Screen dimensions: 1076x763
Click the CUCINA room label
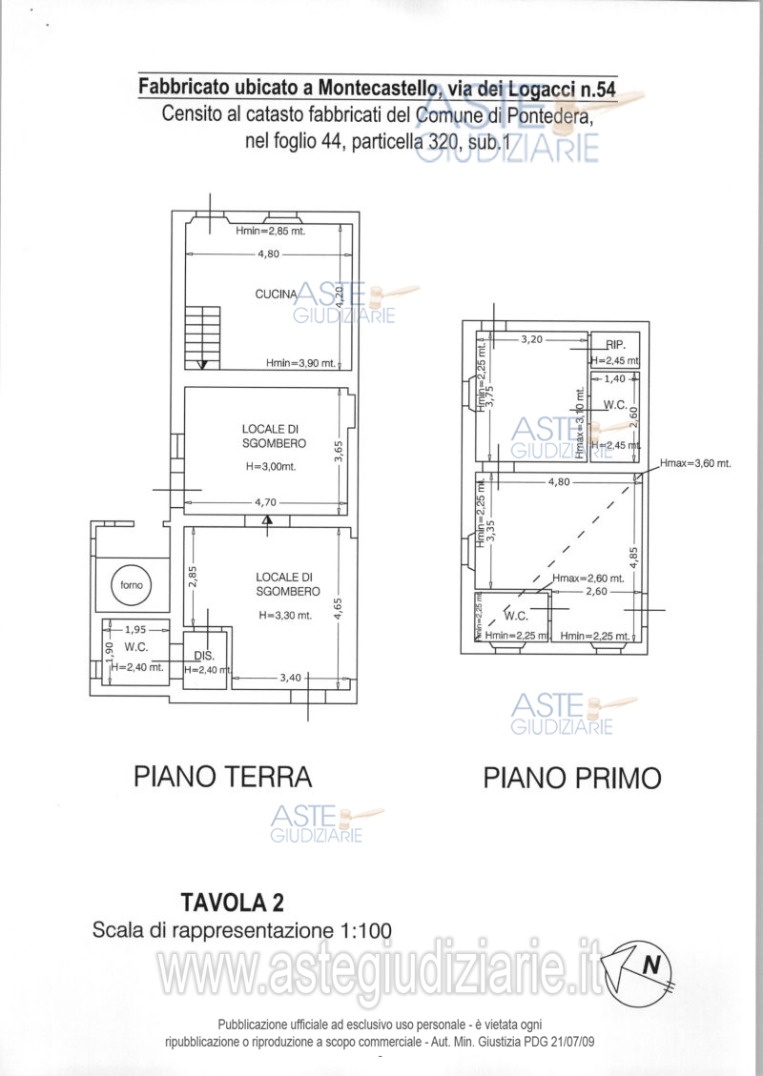[276, 294]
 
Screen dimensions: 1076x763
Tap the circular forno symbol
[128, 584]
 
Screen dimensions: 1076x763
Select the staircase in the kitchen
[201, 337]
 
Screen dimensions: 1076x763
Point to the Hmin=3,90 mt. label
[300, 363]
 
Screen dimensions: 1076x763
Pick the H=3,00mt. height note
[269, 467]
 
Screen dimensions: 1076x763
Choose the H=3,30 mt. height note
[284, 616]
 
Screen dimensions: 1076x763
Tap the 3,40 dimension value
[292, 678]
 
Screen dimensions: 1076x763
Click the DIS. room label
[202, 656]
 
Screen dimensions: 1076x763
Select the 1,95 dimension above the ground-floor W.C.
[135, 629]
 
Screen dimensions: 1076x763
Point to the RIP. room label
[615, 345]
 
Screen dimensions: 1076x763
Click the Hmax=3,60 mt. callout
[694, 463]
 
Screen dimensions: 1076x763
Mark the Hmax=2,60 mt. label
[588, 579]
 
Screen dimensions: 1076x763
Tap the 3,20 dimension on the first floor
[531, 338]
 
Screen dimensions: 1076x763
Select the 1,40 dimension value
[615, 378]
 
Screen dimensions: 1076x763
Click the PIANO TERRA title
[222, 777]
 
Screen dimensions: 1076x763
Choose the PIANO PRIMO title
[571, 778]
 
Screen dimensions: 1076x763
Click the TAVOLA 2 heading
[232, 902]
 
